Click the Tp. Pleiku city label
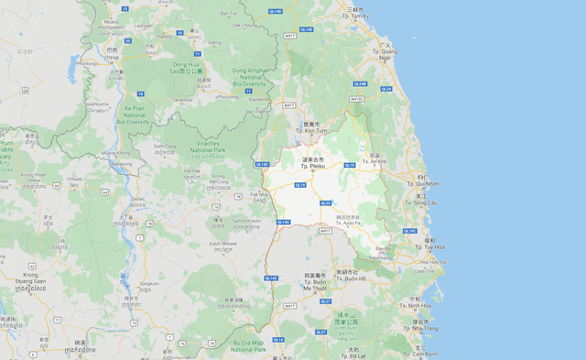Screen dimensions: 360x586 tap(311, 167)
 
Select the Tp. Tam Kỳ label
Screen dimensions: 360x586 tap(355, 16)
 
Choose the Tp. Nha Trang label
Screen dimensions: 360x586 tap(422, 328)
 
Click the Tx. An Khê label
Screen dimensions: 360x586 tap(375, 161)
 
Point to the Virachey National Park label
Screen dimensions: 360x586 tap(212, 147)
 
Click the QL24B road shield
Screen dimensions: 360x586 tap(360, 83)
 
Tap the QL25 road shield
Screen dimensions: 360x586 tap(326, 202)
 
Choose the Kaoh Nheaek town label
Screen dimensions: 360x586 tap(223, 243)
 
